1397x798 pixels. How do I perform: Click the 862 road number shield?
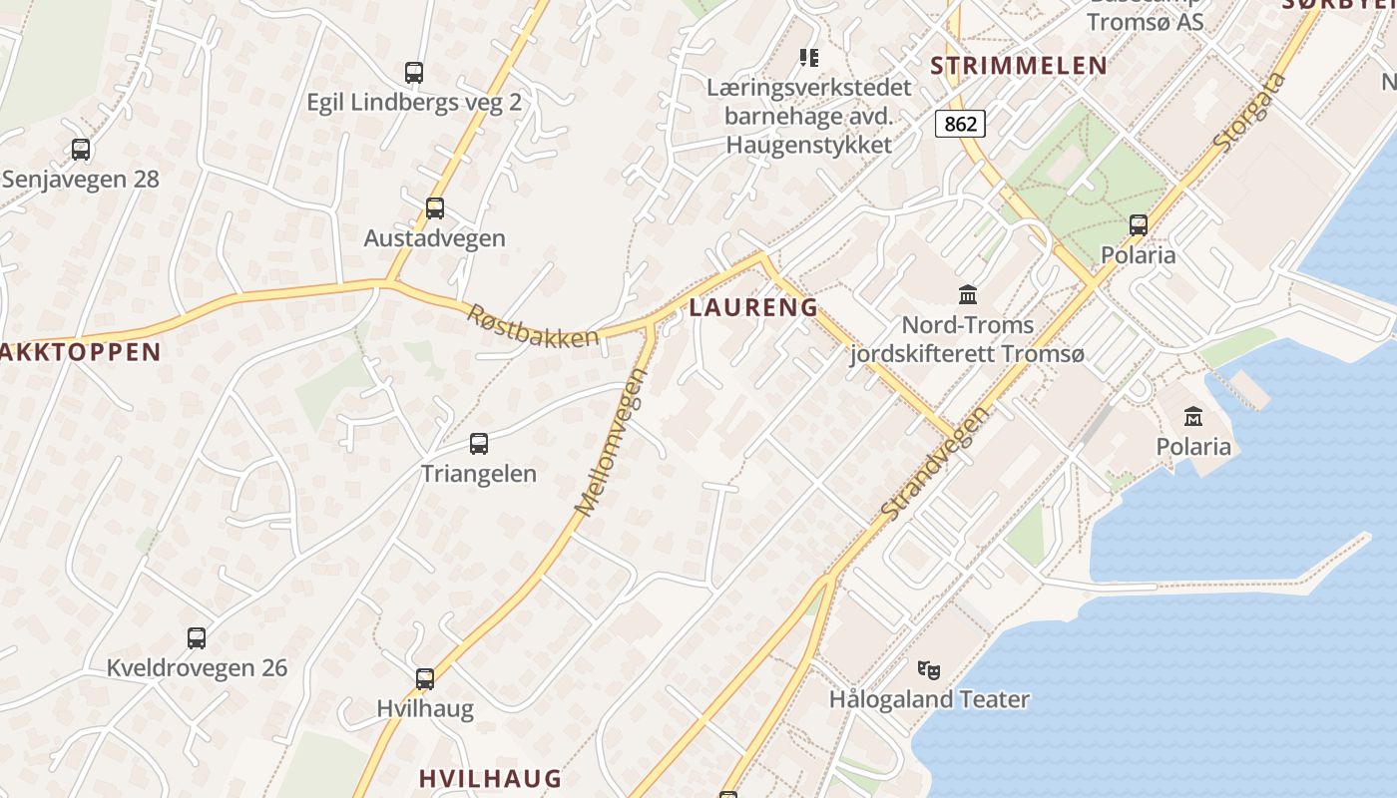960,124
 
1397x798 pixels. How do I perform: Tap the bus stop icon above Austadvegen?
435,208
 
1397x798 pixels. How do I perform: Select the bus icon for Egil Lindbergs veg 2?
414,72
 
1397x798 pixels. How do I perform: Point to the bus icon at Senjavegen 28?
81,150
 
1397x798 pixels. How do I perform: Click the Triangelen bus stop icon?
479,444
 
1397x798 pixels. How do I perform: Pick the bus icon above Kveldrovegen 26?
197,638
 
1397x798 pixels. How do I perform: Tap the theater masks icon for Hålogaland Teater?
929,669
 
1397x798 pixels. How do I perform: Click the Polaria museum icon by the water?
1193,416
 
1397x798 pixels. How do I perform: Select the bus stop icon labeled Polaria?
1139,225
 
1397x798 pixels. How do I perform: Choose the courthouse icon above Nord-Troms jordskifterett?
968,295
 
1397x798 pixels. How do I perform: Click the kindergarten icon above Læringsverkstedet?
808,58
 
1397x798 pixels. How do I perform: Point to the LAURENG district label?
753,307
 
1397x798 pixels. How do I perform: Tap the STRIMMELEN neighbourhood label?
1019,66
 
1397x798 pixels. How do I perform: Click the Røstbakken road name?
534,325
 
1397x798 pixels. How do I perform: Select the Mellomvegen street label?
612,442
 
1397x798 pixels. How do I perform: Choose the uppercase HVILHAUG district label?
490,778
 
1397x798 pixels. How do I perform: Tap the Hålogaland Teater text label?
929,699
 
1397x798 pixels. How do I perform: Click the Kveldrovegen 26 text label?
197,667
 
